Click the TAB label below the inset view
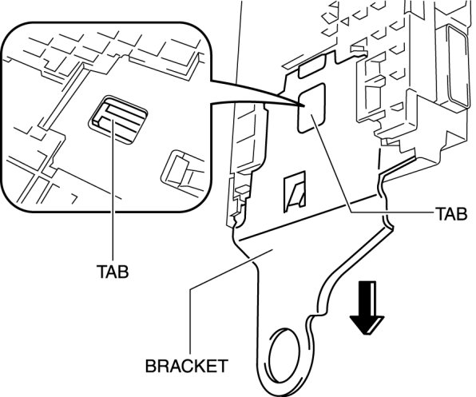point(113,272)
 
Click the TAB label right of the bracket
point(451,213)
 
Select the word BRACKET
point(186,366)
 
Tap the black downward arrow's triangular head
point(367,325)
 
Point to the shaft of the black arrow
point(367,299)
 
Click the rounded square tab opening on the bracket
point(311,108)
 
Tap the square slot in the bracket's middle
point(295,192)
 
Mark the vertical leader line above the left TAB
point(113,191)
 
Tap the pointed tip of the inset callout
point(303,105)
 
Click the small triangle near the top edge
point(345,22)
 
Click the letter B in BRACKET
point(150,366)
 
